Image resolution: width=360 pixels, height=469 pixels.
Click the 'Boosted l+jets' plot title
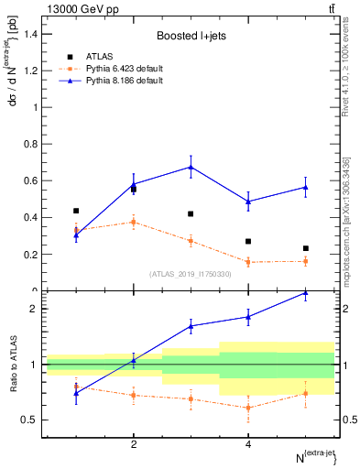pos(191,37)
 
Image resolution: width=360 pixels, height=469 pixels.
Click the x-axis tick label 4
pos(248,444)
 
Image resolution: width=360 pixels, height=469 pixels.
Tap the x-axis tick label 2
pos(134,444)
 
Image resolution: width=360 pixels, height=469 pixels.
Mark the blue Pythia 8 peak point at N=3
pos(191,167)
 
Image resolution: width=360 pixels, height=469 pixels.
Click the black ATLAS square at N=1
pos(76,211)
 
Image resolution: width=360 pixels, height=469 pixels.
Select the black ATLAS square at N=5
pos(306,248)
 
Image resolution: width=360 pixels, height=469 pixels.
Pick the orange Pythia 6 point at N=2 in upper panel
pos(134,222)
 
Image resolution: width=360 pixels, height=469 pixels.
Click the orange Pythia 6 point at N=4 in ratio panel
pos(248,408)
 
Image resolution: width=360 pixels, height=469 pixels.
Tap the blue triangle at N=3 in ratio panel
pos(191,325)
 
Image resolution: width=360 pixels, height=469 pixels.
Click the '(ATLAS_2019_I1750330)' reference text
pos(191,274)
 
